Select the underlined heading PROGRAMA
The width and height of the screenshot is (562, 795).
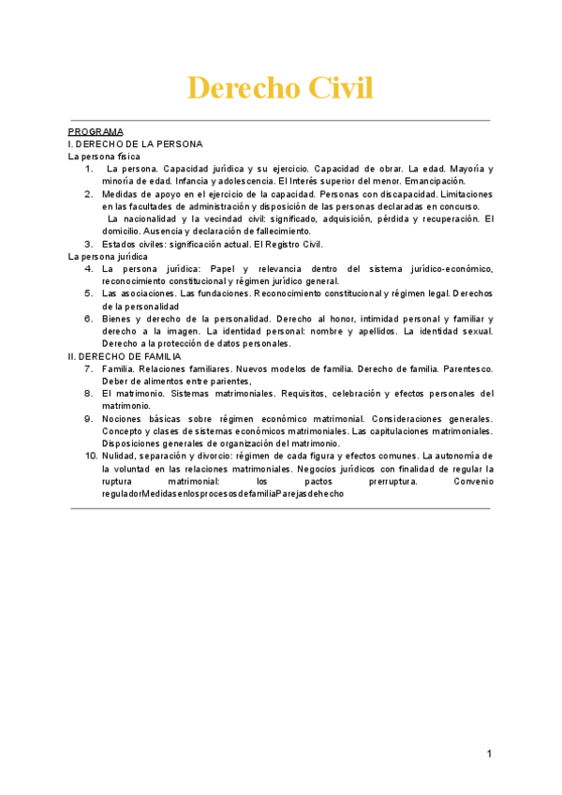[96, 132]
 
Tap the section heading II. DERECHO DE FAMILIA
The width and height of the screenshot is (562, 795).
[125, 356]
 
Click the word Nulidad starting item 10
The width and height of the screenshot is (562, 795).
[122, 456]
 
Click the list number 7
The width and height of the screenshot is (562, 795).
[88, 369]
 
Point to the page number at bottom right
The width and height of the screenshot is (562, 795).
[489, 754]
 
